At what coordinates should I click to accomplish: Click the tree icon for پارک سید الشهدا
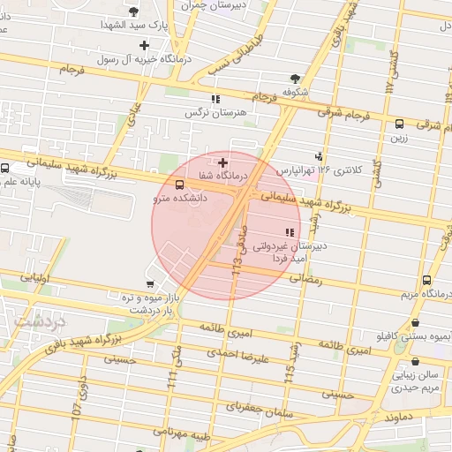133,11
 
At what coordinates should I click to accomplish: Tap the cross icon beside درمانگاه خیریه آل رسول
144,44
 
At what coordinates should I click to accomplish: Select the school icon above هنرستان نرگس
215,99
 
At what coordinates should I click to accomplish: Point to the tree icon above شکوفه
294,78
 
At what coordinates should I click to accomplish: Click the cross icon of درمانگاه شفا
222,162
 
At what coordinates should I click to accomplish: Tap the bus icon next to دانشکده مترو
180,185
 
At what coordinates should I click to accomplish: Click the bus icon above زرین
399,124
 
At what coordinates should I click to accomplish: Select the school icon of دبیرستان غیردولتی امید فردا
287,231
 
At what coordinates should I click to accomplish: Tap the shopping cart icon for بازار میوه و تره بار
150,284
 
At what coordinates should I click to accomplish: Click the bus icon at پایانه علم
6,169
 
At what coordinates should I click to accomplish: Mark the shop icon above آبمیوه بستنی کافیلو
416,323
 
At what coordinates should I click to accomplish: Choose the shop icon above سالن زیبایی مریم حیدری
416,361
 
